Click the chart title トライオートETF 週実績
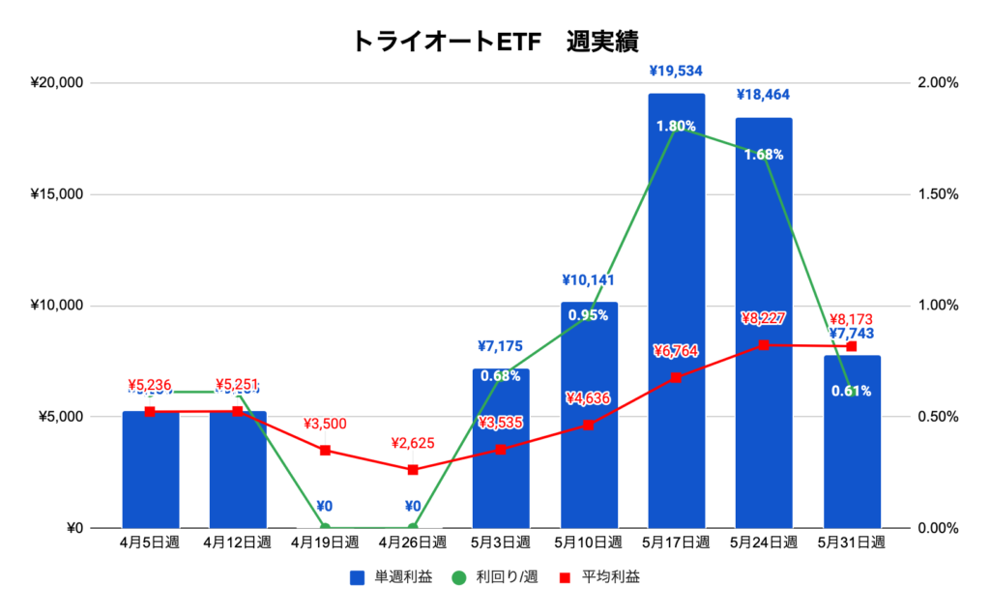[x=494, y=41]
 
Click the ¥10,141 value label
[x=589, y=281]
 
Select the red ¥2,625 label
[x=413, y=443]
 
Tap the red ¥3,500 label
[x=325, y=424]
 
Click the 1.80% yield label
[x=676, y=126]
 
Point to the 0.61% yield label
[x=851, y=392]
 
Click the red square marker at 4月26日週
[x=413, y=470]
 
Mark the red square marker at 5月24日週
[x=764, y=345]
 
